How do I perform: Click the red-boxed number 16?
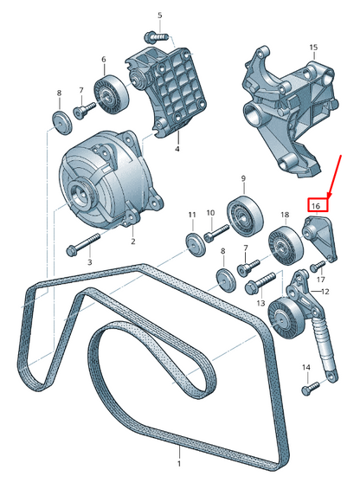point(317,206)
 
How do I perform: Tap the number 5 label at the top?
point(159,16)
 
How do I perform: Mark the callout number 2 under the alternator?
point(132,242)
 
